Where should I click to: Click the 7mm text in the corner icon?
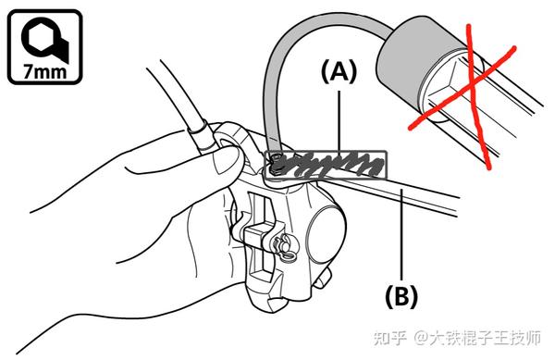(45, 71)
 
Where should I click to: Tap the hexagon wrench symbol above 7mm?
(43, 39)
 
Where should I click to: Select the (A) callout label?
(339, 72)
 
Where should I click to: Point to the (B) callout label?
(401, 296)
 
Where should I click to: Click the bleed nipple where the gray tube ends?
(275, 164)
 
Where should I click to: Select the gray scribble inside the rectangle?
(329, 164)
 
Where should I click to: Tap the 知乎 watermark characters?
(390, 338)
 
